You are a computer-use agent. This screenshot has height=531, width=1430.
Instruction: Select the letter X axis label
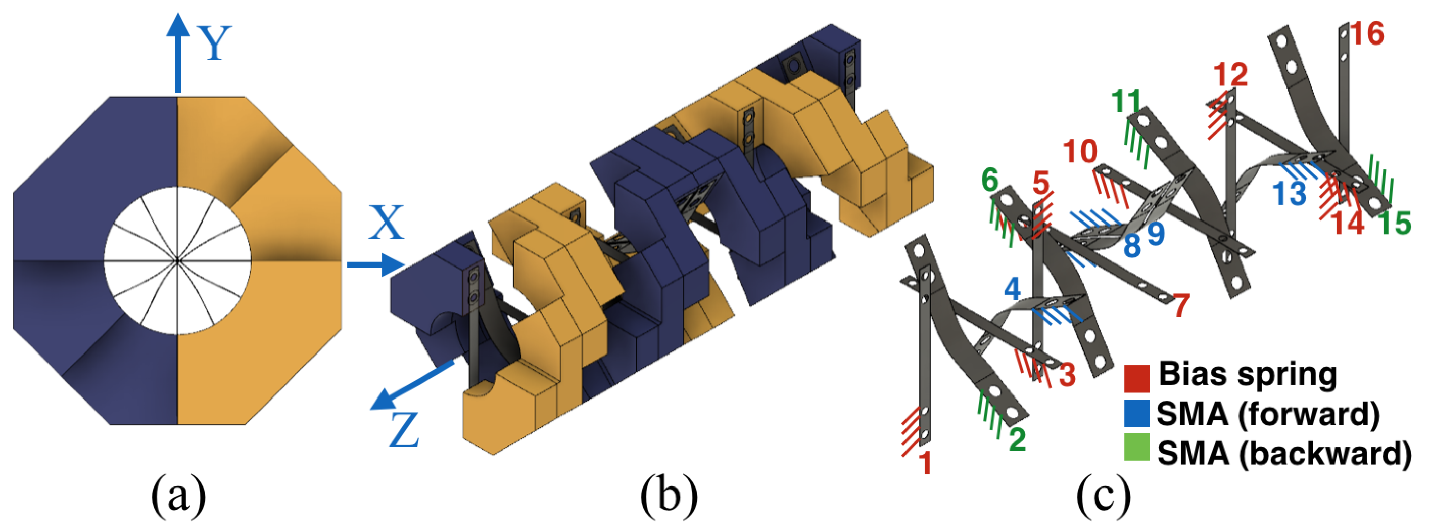pos(387,224)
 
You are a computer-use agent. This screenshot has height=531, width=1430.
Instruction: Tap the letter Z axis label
pos(404,430)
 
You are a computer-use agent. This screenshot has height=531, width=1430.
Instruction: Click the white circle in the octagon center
pos(178,260)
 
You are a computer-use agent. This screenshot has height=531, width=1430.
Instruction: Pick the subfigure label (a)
pos(178,496)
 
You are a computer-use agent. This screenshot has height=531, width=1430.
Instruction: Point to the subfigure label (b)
pos(669,496)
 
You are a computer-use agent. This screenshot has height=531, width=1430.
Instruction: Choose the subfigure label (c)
pos(1104,496)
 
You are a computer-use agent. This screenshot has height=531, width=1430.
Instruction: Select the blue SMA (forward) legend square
pos(1136,414)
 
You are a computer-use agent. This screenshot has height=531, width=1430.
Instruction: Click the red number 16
pos(1367,34)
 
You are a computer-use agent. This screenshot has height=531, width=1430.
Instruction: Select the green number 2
pos(1017,439)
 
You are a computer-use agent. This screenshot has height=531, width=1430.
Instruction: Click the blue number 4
pos(1013,289)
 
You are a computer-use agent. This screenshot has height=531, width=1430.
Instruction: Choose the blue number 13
pos(1290,193)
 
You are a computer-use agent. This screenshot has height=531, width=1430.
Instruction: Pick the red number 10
pos(1080,152)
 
